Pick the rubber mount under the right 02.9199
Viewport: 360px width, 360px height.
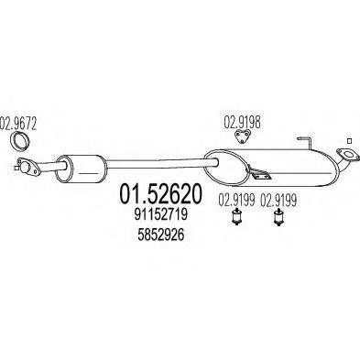pos(278,219)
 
